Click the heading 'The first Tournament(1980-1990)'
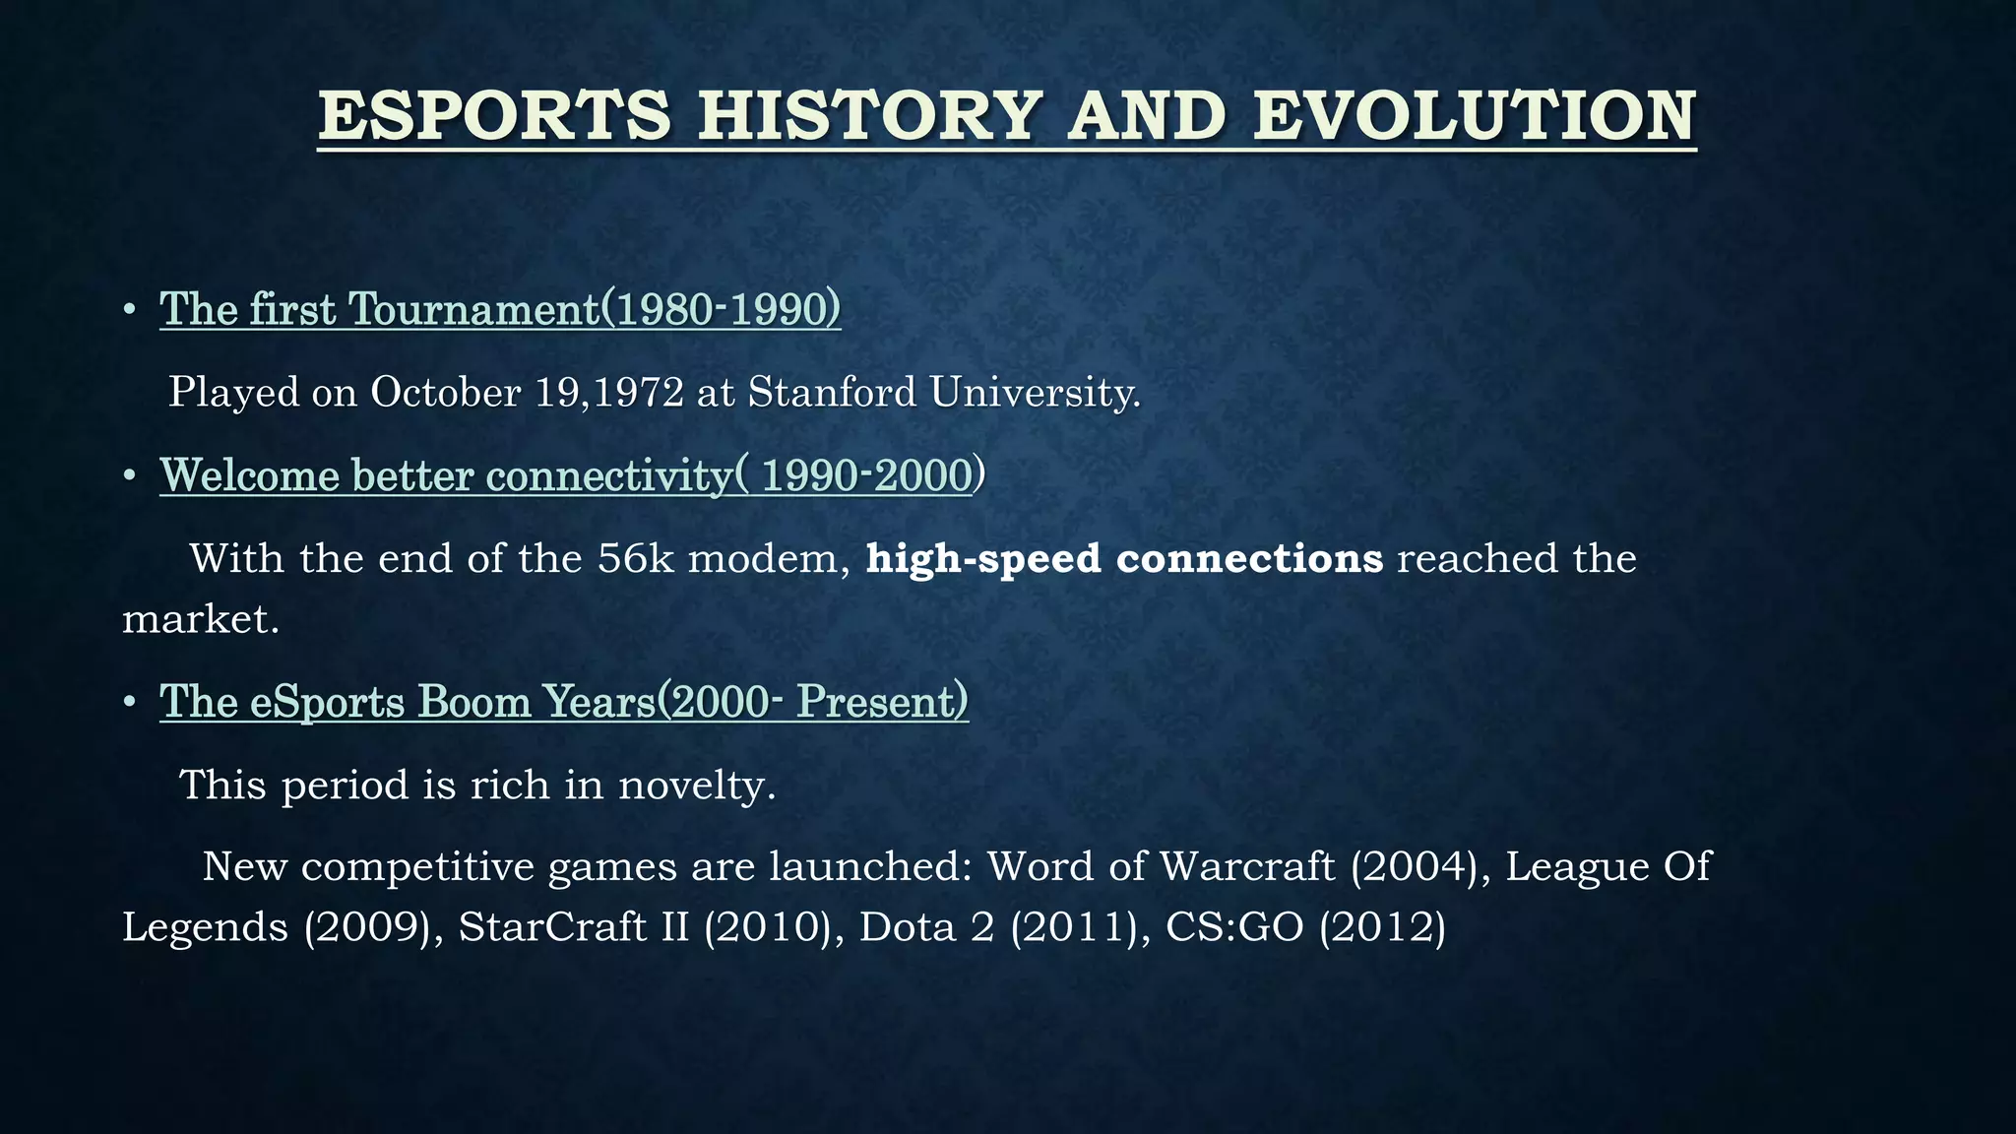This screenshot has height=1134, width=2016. (500, 309)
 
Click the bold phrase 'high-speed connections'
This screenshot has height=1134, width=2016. (1124, 559)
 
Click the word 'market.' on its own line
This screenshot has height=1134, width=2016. (201, 620)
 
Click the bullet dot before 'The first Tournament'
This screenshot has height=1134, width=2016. (129, 311)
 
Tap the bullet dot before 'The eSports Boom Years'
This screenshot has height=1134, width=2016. (129, 703)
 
